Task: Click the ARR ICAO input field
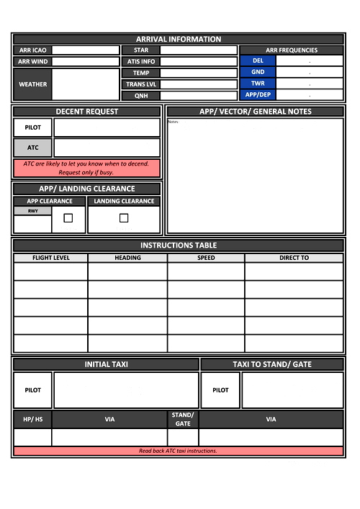tap(86, 50)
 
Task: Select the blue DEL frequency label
tap(258, 61)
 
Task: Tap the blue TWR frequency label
tap(258, 84)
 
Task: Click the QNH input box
tap(199, 95)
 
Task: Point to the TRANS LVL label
tap(141, 84)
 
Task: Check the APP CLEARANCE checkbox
tap(68, 217)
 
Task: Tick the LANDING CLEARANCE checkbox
tap(124, 217)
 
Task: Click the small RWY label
tap(33, 211)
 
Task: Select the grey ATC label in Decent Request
tap(33, 148)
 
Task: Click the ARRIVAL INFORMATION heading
tap(179, 39)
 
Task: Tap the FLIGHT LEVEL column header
tap(51, 258)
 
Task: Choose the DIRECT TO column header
tap(294, 258)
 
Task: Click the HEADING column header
tap(127, 258)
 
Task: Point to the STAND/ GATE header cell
tap(183, 419)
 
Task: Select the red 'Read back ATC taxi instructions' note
tap(178, 451)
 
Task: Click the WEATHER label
tap(32, 84)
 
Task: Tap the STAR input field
tap(199, 50)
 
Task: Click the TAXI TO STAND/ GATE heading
tap(272, 364)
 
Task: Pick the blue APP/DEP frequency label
tap(258, 94)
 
